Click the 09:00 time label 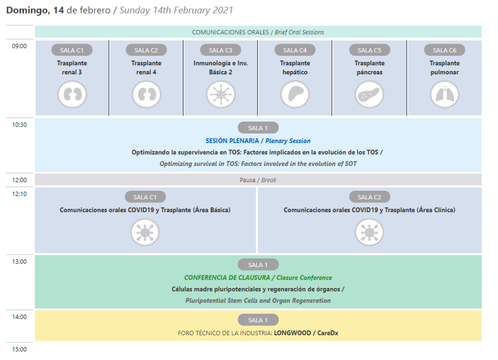click(x=19, y=46)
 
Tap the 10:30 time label click(x=19, y=125)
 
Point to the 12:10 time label click(x=19, y=194)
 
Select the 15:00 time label click(x=19, y=349)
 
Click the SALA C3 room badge click(x=220, y=50)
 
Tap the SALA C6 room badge click(x=445, y=50)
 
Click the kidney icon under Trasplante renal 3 click(x=72, y=94)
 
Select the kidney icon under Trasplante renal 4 click(x=146, y=94)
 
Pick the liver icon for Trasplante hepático click(x=295, y=94)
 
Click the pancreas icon click(x=370, y=94)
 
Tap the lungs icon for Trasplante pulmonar click(x=445, y=94)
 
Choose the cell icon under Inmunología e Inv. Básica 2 click(x=221, y=94)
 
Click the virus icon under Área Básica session click(x=145, y=232)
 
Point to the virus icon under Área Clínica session click(x=370, y=232)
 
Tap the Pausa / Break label click(x=258, y=180)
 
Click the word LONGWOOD click(x=292, y=333)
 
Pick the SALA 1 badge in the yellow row click(x=258, y=320)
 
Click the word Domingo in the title click(x=28, y=11)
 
